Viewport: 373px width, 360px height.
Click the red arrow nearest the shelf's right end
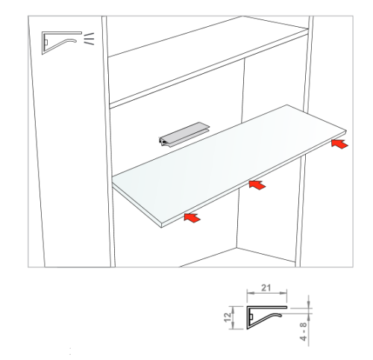click(340, 144)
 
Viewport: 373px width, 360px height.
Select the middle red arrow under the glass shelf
click(257, 185)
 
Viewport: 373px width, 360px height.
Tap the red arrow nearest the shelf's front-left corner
click(192, 218)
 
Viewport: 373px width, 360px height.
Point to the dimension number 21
click(266, 288)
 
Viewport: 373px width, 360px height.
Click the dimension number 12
click(228, 317)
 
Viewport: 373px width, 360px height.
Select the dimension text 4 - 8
click(304, 331)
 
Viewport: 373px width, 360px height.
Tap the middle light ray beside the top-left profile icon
click(89, 39)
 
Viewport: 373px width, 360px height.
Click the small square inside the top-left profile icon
click(46, 43)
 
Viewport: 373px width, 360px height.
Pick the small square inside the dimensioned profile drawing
click(251, 317)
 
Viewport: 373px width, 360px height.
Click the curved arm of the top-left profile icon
click(61, 45)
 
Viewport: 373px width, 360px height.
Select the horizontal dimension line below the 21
click(267, 293)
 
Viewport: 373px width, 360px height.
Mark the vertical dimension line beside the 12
click(233, 317)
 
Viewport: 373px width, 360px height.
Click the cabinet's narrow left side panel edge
click(108, 141)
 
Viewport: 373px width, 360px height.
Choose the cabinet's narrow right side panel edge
click(304, 141)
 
